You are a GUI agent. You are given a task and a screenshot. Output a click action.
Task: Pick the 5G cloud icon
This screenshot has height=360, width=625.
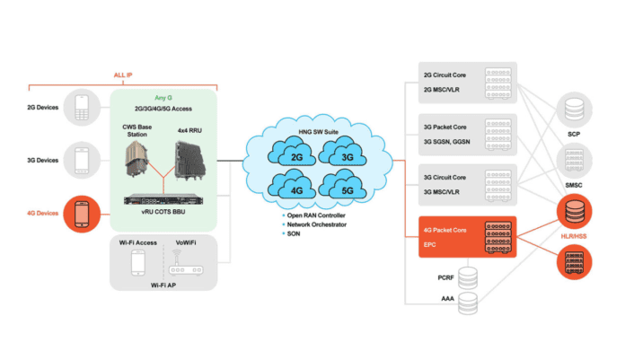tap(321, 191)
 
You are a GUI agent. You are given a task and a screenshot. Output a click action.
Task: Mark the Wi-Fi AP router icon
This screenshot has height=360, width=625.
tap(187, 265)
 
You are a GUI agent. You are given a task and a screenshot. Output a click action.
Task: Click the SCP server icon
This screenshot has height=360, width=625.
tap(574, 114)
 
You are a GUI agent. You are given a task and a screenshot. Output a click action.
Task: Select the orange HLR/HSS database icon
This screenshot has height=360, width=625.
tap(574, 212)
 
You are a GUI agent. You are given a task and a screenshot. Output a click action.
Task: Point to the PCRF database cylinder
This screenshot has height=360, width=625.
tap(468, 274)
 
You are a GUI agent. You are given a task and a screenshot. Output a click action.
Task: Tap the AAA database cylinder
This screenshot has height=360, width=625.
tap(468, 303)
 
